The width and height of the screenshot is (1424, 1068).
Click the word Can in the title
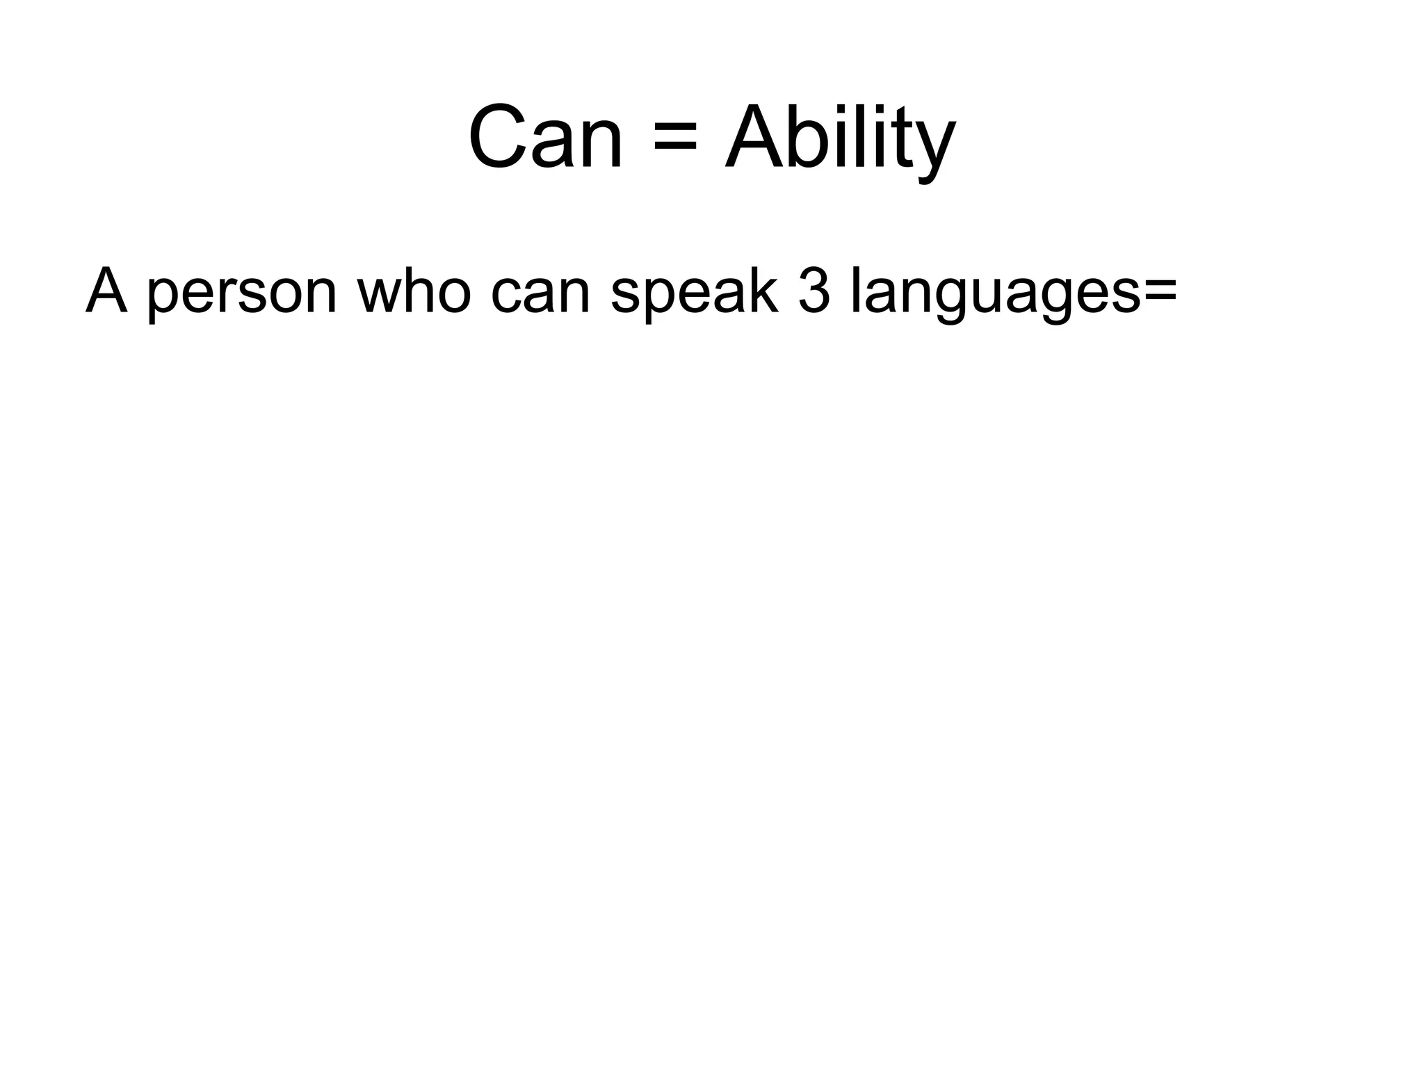pos(545,138)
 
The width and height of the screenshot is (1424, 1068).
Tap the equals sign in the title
pos(674,139)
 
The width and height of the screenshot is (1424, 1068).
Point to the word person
pos(242,296)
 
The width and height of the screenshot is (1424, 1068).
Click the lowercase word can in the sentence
pos(540,296)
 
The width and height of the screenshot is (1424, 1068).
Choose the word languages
pos(995,296)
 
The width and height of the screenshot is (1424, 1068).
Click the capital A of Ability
pos(754,138)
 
